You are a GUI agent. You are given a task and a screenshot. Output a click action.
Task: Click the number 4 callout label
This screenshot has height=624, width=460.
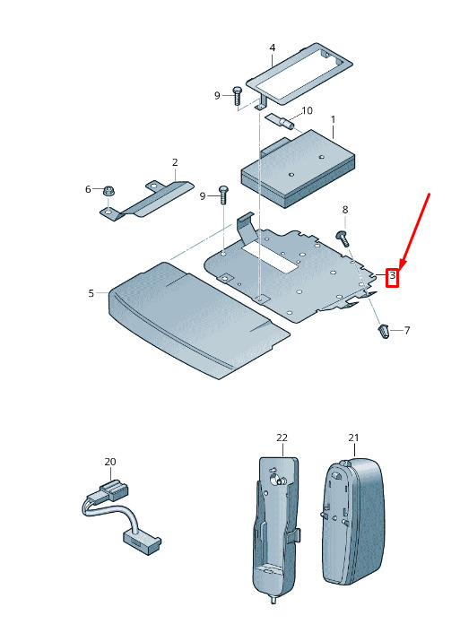[273, 48]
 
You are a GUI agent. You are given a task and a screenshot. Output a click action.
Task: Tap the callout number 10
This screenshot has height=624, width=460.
[308, 110]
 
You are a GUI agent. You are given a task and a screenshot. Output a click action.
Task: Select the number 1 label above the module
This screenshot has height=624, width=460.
[333, 119]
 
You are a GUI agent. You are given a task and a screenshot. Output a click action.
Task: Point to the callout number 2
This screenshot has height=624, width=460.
[175, 162]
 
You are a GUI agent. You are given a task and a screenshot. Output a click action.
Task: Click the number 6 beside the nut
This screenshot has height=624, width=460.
[88, 189]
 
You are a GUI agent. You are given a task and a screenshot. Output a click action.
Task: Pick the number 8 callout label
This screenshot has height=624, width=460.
[345, 210]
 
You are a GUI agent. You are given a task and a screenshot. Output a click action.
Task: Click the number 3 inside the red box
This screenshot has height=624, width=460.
[393, 275]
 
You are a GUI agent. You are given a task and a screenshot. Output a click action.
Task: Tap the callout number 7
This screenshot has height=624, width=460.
[407, 330]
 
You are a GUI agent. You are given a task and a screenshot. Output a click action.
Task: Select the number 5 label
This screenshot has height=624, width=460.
[91, 293]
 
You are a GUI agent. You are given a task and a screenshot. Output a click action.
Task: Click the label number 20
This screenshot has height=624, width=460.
[110, 462]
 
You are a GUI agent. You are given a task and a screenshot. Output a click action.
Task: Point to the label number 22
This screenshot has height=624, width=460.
[282, 438]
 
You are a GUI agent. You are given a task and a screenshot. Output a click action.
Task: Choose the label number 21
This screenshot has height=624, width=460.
[353, 438]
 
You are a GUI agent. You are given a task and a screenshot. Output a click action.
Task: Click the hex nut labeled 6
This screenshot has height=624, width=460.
[107, 191]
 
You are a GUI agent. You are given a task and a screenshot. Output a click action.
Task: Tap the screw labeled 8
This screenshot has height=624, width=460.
[343, 238]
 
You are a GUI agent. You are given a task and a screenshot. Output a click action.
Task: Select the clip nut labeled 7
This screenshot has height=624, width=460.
[382, 332]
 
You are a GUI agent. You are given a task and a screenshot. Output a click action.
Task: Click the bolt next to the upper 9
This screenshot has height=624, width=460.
[237, 96]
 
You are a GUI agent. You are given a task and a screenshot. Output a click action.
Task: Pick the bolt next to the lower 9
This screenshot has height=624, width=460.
[223, 195]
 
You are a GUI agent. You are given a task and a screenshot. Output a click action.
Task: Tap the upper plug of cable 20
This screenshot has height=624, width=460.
[114, 490]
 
